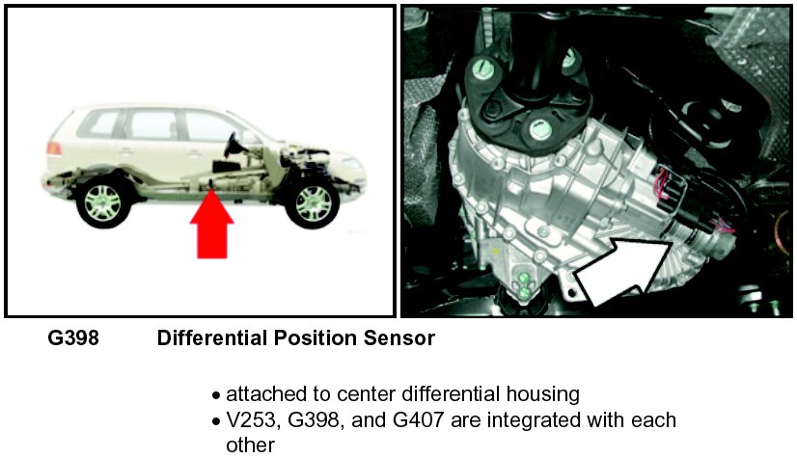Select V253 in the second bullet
pos(254,421)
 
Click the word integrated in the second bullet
pos(541,421)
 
